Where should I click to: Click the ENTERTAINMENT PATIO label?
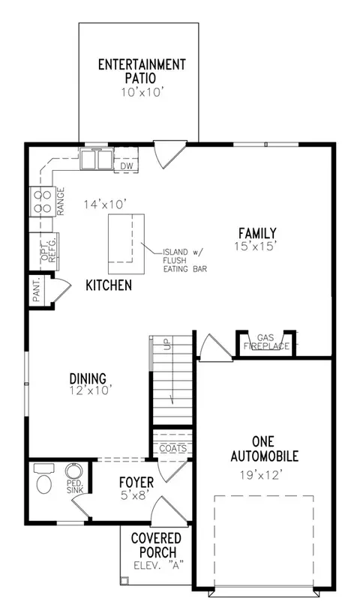click(x=142, y=70)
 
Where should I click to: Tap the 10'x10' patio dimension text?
click(x=142, y=92)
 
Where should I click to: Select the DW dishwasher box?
click(x=127, y=166)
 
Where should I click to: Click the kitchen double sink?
click(x=97, y=159)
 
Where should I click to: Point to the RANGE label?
click(x=61, y=201)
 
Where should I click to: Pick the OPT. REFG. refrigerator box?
click(x=44, y=252)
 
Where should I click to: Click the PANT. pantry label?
click(x=37, y=290)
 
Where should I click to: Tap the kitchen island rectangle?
click(x=126, y=244)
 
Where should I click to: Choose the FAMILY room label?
click(x=257, y=233)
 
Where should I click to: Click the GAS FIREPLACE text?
click(x=266, y=342)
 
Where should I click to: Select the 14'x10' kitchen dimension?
click(x=104, y=205)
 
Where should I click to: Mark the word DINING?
click(x=88, y=378)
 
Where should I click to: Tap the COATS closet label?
click(x=173, y=448)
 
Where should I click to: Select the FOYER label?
click(x=136, y=482)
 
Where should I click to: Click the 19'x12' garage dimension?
click(x=261, y=475)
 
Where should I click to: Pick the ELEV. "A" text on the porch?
click(x=159, y=566)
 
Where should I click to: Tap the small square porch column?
click(x=124, y=580)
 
